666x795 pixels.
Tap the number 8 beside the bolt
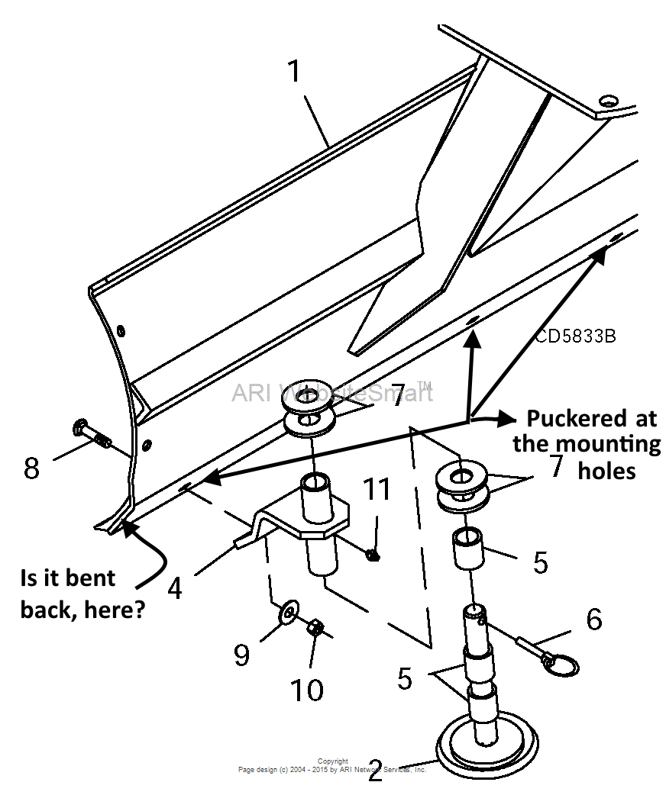[31, 468]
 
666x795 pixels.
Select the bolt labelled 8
[92, 435]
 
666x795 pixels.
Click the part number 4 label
[174, 588]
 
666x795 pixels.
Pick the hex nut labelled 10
[316, 629]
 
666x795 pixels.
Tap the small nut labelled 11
[373, 554]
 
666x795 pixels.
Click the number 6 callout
[593, 619]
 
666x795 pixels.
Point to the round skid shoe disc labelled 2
[486, 745]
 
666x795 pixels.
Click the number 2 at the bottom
[375, 771]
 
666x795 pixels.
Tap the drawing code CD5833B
[575, 336]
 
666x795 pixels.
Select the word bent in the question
[92, 578]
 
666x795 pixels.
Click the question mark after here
[140, 610]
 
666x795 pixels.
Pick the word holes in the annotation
[606, 470]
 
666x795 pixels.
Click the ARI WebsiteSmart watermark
[333, 393]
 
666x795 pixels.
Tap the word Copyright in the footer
[333, 761]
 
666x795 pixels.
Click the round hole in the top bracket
[608, 100]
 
